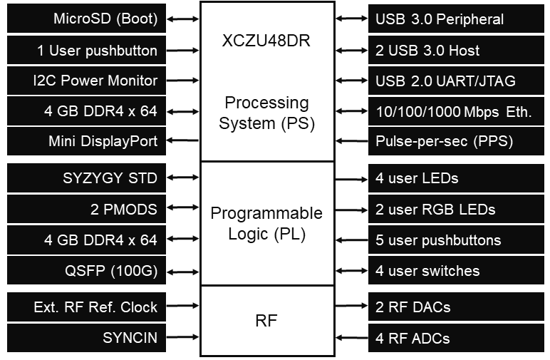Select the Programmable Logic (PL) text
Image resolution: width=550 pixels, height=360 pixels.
266,224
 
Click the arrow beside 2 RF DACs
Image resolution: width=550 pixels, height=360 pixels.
352,308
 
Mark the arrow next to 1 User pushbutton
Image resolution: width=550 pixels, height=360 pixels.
183,51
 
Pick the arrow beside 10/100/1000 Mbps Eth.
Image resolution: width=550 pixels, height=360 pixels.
352,111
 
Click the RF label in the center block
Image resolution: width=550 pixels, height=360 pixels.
266,322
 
